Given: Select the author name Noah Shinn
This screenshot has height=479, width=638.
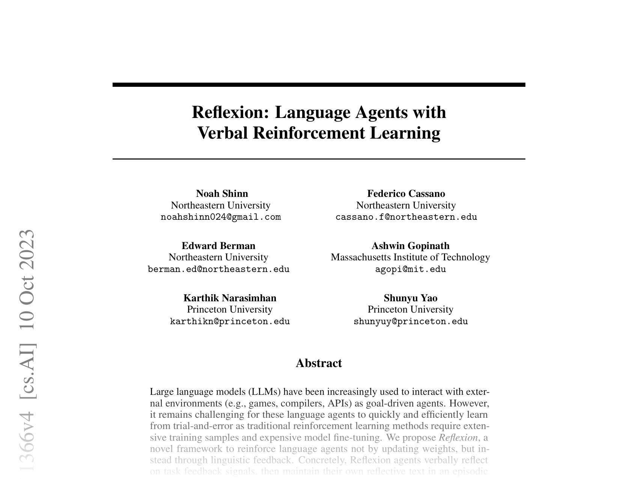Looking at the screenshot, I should click(222, 193).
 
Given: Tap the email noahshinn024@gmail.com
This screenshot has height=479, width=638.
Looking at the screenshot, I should click(221, 217).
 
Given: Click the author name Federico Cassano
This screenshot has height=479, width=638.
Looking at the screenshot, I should click(406, 193).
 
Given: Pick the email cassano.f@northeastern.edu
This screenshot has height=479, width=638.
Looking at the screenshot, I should click(406, 217).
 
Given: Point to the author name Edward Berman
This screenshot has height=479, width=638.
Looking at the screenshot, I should click(218, 246).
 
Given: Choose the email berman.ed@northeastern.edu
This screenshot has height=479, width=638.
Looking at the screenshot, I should click(218, 269).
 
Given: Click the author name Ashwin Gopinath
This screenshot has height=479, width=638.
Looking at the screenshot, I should click(410, 246).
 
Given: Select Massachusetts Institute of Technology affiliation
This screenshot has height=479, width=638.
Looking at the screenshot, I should click(410, 257).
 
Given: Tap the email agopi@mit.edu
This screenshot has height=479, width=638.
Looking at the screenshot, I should click(410, 269).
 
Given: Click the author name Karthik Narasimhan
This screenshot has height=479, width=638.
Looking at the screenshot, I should click(230, 298).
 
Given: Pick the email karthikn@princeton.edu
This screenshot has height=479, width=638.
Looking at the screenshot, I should click(230, 322).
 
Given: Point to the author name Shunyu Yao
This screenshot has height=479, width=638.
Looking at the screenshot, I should click(410, 298).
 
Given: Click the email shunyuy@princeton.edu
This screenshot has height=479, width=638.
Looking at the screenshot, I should click(411, 322).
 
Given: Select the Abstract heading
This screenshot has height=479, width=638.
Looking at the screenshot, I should click(319, 363).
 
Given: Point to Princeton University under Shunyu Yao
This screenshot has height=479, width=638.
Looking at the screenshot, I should click(410, 309).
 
